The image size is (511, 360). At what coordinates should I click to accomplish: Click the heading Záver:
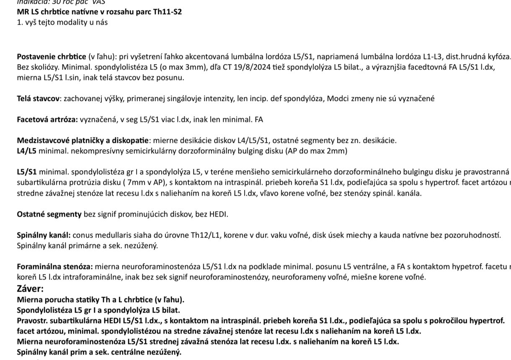[x=30, y=288]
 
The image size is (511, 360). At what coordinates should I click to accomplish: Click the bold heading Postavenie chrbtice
[x=51, y=57]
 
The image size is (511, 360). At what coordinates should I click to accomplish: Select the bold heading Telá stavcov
[x=38, y=98]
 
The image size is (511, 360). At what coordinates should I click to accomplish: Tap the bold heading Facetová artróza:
[x=47, y=119]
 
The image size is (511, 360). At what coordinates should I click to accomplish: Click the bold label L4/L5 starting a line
[x=27, y=151]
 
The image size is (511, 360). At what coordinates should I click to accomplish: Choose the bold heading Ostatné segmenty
[x=49, y=214]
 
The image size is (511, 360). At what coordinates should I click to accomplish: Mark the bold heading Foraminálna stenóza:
[x=55, y=267]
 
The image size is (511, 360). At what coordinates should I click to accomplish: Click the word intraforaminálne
[x=72, y=277]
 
